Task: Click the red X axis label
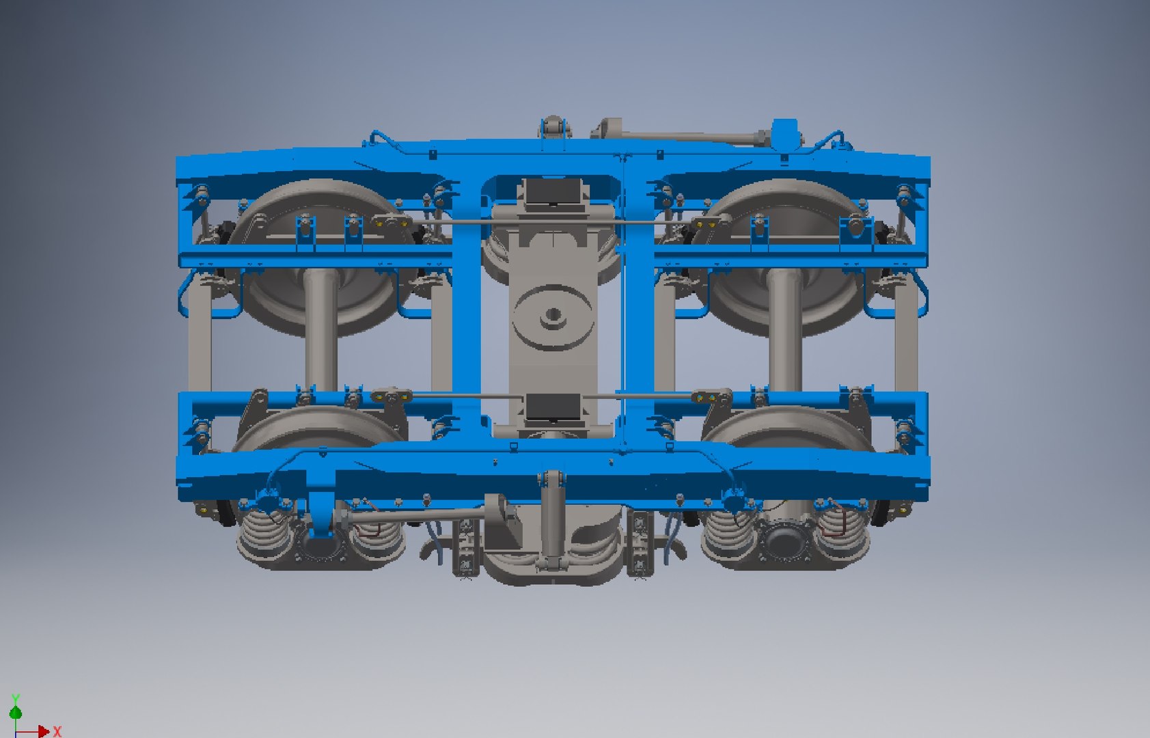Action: pyautogui.click(x=57, y=732)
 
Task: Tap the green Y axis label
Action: pyautogui.click(x=16, y=698)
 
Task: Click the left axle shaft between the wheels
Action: pyautogui.click(x=320, y=328)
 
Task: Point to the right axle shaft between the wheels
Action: pyautogui.click(x=784, y=328)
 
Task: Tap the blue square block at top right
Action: pyautogui.click(x=784, y=132)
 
